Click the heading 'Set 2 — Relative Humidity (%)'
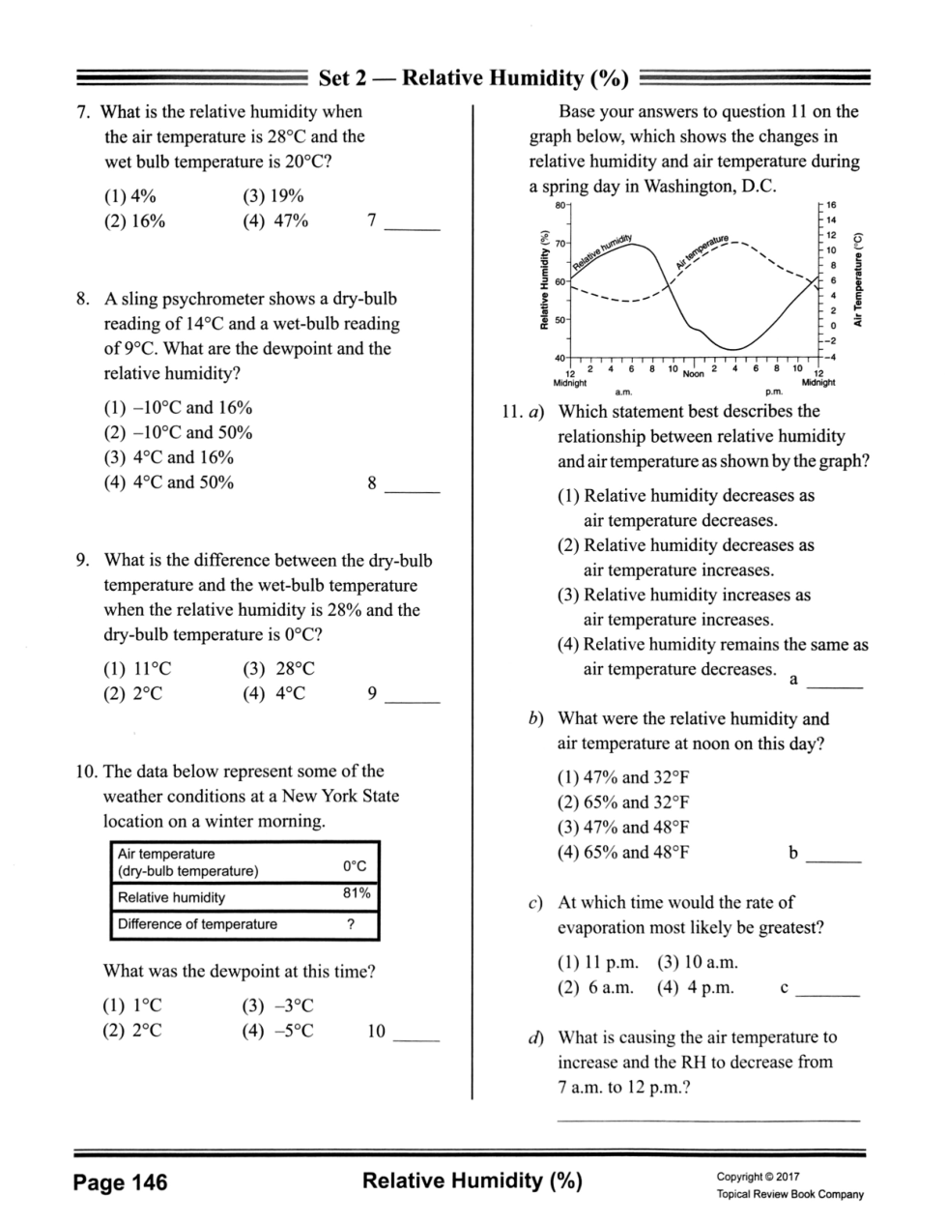coord(473,78)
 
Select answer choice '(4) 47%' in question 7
coord(275,221)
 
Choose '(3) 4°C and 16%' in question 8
coord(169,457)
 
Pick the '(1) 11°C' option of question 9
coord(137,669)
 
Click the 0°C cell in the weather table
coord(355,866)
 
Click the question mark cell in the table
coord(351,924)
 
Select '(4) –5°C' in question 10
coord(277,1031)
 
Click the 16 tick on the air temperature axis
coord(831,206)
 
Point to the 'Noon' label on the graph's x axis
coord(693,373)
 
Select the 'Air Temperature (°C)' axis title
coord(857,281)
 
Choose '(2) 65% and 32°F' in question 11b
coord(623,802)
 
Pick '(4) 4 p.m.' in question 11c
coord(695,987)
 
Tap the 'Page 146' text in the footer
coord(121,1182)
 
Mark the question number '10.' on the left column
coord(86,772)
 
